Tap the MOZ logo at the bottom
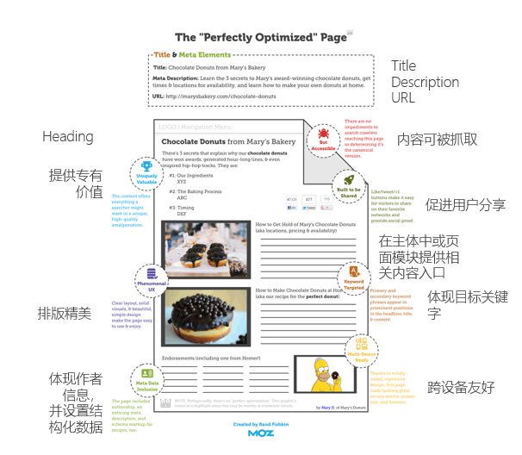pos(261,433)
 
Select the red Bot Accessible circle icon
pos(322,139)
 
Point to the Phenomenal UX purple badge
pos(151,279)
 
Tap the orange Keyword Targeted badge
pos(354,277)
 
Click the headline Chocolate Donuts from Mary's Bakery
pos(228,141)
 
